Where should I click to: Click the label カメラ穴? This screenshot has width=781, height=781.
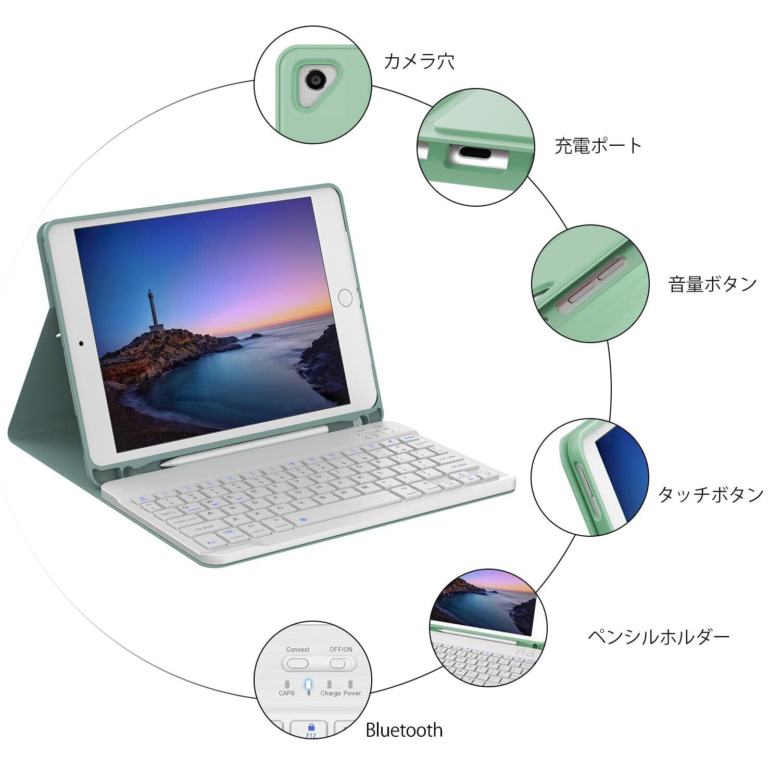tap(419, 61)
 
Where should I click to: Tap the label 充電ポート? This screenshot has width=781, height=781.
tap(598, 146)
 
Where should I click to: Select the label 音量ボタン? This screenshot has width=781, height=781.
tap(712, 284)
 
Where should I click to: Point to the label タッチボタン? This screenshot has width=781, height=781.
tap(711, 494)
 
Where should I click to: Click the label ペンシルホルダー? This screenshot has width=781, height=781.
tap(659, 636)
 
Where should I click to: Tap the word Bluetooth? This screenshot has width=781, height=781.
tap(404, 730)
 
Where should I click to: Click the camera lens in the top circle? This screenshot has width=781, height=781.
tap(315, 79)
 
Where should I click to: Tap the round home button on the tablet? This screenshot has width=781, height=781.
tap(345, 298)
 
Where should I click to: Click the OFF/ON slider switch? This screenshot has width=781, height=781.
tap(342, 663)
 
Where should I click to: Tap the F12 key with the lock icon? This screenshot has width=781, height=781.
tap(311, 729)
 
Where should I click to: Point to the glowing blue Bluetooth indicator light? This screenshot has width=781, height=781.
tap(308, 684)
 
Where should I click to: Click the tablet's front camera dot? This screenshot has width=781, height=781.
tap(81, 344)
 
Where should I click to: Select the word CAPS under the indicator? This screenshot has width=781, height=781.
tap(286, 693)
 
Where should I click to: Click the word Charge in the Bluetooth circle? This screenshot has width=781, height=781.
tap(331, 693)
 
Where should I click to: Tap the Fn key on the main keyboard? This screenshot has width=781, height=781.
tap(212, 543)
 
